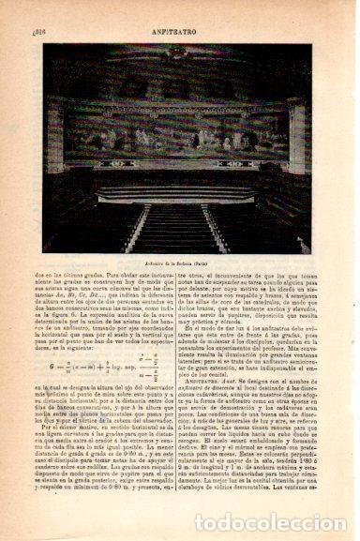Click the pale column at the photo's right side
coord(299,169)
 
